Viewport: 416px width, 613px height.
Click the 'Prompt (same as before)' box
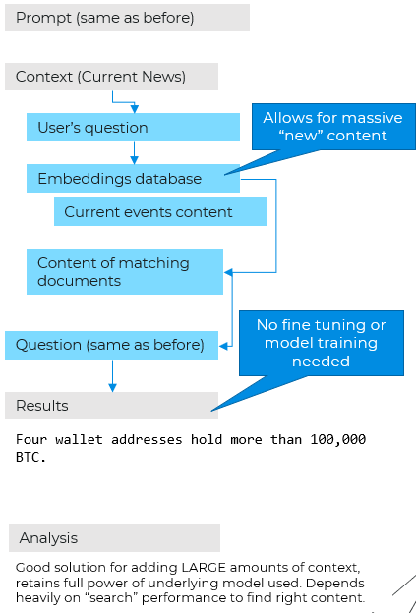(127, 18)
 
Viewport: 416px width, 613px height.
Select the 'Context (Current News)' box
(111, 77)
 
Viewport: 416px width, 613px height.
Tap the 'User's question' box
(133, 128)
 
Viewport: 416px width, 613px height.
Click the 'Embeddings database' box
(133, 178)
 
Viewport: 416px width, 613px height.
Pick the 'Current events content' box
(160, 212)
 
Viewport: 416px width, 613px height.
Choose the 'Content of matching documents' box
(125, 272)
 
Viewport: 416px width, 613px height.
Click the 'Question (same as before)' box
(111, 345)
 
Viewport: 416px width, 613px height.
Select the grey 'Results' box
(111, 406)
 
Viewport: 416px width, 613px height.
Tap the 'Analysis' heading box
(114, 538)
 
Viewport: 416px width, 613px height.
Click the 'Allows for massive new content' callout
(333, 127)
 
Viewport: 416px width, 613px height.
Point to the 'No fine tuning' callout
(321, 343)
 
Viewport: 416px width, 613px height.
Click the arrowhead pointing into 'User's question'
(134, 109)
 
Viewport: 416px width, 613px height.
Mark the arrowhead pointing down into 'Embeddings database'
(134, 159)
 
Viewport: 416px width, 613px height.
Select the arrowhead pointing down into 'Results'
(113, 387)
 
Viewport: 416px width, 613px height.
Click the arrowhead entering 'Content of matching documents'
(228, 272)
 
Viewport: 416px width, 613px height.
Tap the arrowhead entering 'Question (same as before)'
(223, 346)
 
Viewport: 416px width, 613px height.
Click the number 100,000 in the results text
(337, 440)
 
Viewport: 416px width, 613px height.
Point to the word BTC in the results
(30, 458)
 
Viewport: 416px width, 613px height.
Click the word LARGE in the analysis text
(204, 567)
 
